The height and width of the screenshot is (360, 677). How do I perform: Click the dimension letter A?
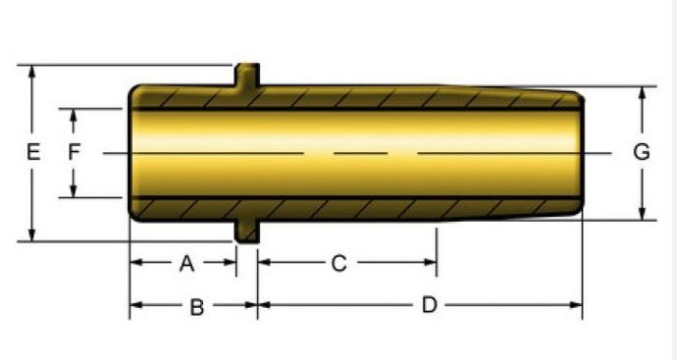(x=186, y=263)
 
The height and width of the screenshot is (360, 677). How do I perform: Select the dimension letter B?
(x=197, y=307)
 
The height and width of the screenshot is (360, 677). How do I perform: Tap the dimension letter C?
(x=338, y=263)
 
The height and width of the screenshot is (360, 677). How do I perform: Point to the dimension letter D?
(x=429, y=305)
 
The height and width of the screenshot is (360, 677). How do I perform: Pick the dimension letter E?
(x=33, y=152)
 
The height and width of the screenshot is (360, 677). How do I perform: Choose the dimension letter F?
(x=75, y=152)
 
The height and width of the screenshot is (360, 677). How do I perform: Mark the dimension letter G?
(x=642, y=152)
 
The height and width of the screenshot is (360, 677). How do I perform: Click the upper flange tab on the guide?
(x=247, y=75)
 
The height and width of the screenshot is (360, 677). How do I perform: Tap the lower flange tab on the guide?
(x=247, y=231)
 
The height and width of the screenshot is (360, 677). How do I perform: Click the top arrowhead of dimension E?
(x=31, y=72)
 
